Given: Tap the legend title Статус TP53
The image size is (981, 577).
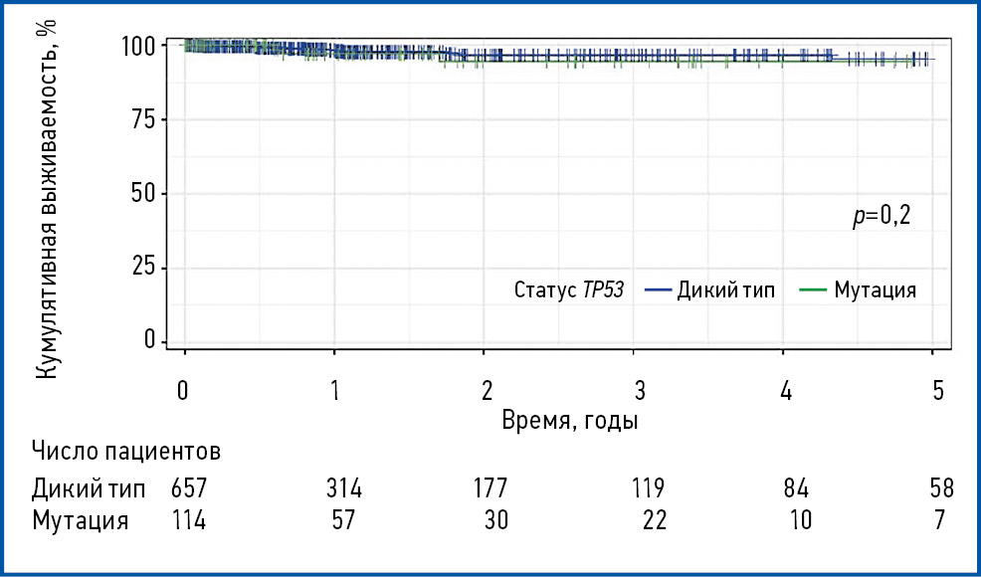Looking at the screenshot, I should pyautogui.click(x=569, y=290).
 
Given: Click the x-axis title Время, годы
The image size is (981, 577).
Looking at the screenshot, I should pyautogui.click(x=569, y=420).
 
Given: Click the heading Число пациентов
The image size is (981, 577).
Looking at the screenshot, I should pyautogui.click(x=125, y=452).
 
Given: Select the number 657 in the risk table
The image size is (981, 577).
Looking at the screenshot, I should pyautogui.click(x=188, y=489).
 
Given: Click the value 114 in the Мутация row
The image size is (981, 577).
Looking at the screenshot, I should pyautogui.click(x=188, y=521).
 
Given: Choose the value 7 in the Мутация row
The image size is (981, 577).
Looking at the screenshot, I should pyautogui.click(x=940, y=521).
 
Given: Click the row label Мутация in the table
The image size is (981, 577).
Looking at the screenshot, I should pyautogui.click(x=81, y=521).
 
